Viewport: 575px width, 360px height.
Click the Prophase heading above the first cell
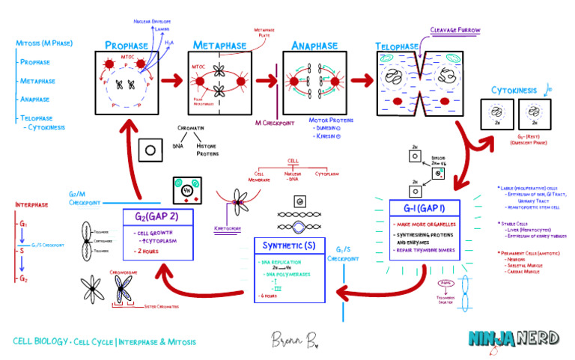(132, 46)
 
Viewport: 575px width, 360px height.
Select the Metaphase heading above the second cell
(219, 46)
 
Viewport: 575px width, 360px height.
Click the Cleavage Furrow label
(454, 31)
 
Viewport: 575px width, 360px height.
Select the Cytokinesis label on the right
(514, 91)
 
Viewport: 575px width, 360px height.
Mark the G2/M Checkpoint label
(85, 197)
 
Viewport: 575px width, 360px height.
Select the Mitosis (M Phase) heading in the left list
(44, 43)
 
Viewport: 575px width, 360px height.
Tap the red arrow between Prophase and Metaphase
(173, 78)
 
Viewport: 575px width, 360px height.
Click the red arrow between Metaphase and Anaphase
(267, 78)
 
